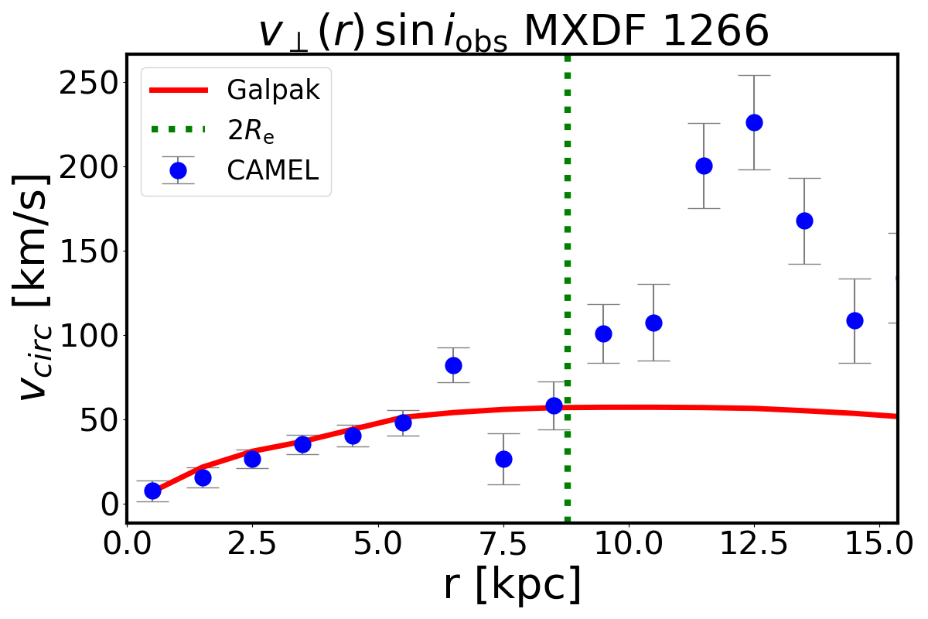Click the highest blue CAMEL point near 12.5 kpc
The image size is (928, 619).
pos(754,122)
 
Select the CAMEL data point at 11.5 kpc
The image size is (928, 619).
pos(704,166)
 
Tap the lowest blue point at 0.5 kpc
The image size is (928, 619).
pos(152,491)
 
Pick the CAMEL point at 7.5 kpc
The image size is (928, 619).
pos(503,459)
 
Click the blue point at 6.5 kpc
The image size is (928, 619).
pos(453,365)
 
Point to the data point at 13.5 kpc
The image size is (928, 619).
pos(804,221)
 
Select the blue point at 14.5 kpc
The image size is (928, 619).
pos(855,320)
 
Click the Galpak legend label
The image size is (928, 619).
pos(273,91)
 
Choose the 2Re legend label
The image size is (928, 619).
pos(251,132)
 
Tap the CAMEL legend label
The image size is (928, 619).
pos(273,171)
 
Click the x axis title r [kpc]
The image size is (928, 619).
pos(512,586)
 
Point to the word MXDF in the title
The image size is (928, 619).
pos(582,32)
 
